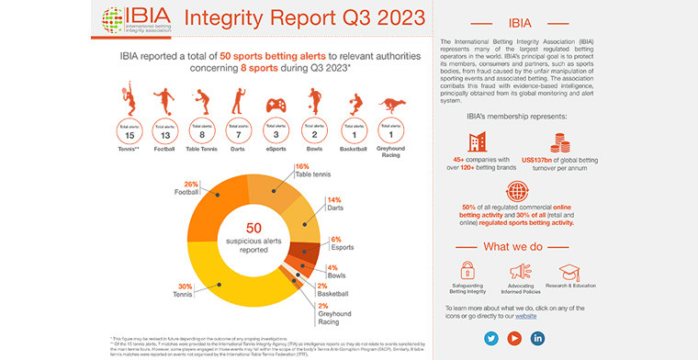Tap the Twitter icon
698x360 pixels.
click(x=490, y=338)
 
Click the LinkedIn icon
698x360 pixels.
click(x=538, y=338)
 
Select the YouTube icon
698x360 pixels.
click(x=514, y=338)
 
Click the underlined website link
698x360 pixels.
click(x=525, y=315)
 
